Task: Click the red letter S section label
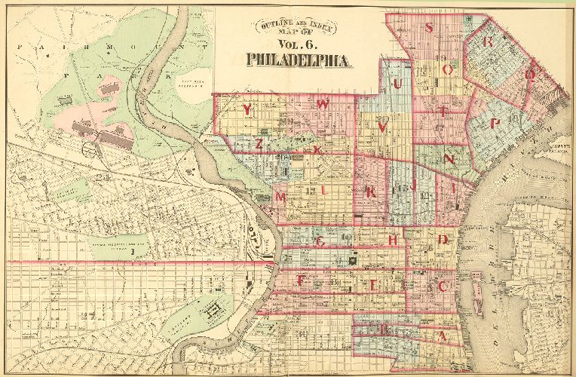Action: (429, 29)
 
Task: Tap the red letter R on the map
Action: (489, 42)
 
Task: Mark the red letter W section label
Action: (323, 105)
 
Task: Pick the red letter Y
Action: (247, 109)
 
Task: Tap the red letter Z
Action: (259, 143)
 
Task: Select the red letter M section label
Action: (281, 197)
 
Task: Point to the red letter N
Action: (449, 160)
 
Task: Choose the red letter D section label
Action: (444, 240)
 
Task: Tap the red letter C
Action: (444, 287)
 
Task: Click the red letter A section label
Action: (443, 337)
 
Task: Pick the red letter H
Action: (394, 240)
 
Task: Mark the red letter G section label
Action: (320, 242)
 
